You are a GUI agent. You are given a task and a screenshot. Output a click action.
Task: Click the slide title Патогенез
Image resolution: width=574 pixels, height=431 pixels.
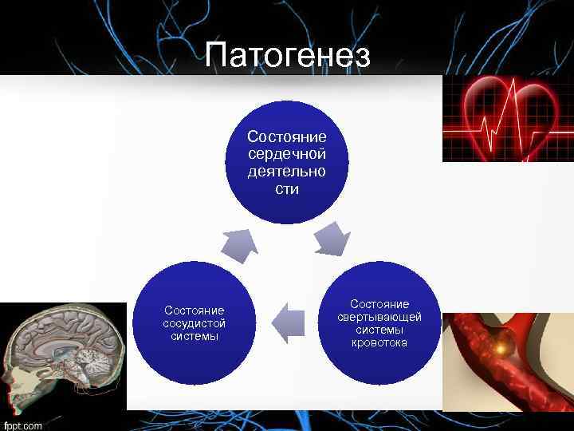[x=287, y=56]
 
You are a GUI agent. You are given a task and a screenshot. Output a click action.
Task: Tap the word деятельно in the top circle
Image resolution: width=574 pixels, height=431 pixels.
[x=287, y=171]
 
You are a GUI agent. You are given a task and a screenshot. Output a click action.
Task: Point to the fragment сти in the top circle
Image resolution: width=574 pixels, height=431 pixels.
[x=287, y=189]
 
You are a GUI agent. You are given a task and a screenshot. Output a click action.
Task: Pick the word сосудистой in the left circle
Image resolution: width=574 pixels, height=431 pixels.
[x=194, y=323]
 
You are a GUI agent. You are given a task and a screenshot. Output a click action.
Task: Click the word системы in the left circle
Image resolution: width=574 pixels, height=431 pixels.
[x=194, y=336]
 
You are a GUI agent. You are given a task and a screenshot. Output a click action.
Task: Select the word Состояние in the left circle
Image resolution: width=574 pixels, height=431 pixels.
[x=194, y=310]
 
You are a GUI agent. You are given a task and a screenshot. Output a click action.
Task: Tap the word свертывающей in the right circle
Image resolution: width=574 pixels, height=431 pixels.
[x=379, y=317]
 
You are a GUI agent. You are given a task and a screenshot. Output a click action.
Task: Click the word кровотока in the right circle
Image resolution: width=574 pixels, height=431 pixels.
[x=379, y=342]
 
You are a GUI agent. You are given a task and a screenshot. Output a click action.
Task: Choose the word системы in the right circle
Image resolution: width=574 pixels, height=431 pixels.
[x=379, y=330]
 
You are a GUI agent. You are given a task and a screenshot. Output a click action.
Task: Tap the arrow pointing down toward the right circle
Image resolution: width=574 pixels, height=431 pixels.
[x=332, y=239]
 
